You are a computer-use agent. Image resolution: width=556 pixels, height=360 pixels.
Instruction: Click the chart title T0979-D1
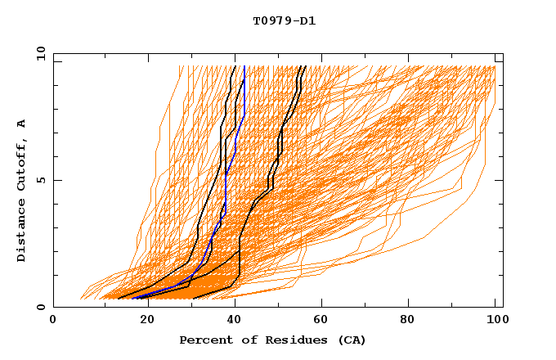(284, 21)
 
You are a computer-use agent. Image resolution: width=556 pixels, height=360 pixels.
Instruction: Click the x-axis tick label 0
(53, 321)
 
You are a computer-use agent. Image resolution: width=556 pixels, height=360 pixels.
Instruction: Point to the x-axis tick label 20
(141, 321)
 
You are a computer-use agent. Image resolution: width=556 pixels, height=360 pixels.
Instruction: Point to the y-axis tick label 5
(40, 180)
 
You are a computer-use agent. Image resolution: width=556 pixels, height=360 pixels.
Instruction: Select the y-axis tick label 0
(40, 307)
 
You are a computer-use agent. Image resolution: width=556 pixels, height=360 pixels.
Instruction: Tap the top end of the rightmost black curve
(304, 66)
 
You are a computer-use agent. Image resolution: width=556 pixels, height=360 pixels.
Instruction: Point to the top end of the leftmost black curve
(235, 66)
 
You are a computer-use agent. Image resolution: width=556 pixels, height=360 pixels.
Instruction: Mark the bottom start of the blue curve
(133, 298)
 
